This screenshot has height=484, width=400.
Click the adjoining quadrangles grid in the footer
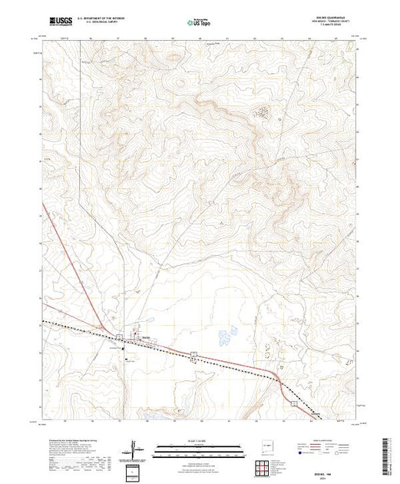pos(267,466)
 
